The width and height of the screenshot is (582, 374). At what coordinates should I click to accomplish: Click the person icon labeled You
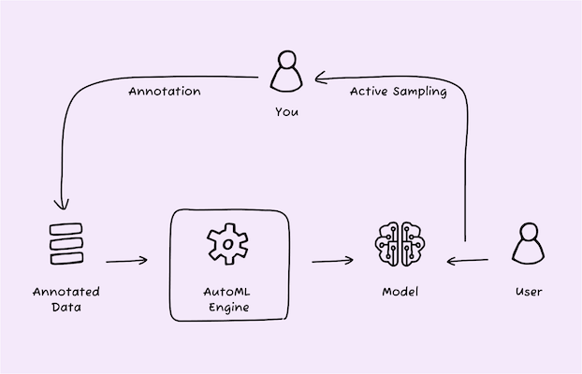pos(286,71)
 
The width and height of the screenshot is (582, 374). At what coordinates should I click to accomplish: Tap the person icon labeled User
pos(529,243)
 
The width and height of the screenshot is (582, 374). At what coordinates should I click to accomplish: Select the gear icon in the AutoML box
pos(227,244)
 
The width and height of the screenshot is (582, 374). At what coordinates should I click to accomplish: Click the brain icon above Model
pos(400,244)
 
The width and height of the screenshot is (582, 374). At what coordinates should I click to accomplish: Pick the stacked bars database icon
pos(66,244)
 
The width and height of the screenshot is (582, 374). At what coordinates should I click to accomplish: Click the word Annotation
pos(165,92)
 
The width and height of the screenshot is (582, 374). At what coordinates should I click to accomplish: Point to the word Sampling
pos(420,92)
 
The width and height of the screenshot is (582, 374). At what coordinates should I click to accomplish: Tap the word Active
pos(370,91)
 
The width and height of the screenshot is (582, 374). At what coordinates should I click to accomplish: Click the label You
pos(286,111)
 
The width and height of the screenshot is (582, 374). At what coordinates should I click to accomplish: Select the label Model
pos(400,292)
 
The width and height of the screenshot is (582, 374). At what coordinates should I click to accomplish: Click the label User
pos(529,292)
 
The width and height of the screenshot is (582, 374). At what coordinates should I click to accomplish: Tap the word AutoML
pos(226,292)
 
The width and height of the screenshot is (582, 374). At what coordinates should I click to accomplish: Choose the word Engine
pos(229,308)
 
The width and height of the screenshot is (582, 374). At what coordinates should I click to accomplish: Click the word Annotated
pos(66,292)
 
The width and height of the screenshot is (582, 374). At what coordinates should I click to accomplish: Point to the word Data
pos(66,308)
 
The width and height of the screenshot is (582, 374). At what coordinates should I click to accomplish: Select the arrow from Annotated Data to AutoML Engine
pos(126,261)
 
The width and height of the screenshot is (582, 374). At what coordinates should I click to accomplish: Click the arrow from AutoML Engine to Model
pos(332,261)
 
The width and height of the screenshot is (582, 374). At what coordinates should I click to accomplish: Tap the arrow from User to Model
pos(468,261)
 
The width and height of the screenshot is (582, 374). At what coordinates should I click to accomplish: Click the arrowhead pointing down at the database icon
pos(62,205)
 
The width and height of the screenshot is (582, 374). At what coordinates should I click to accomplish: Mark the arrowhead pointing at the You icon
pos(320,78)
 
